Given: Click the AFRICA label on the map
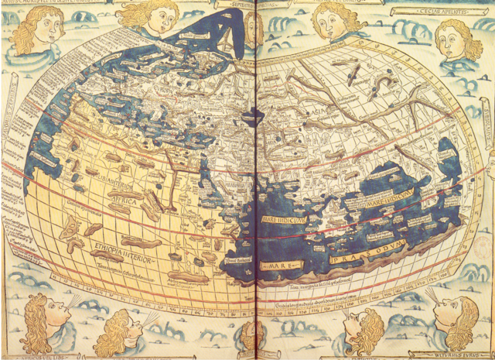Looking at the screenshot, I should point(128,201).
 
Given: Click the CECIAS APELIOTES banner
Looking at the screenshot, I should point(440,12).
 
